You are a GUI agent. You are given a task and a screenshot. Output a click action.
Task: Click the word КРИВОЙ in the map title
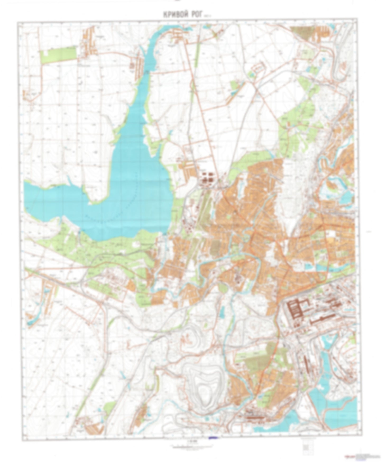174,15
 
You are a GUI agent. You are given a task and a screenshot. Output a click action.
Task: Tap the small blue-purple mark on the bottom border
213,438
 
